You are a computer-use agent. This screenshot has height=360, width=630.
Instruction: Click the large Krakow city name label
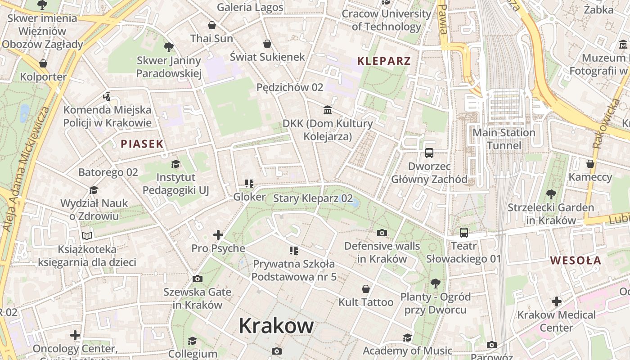pos(276,325)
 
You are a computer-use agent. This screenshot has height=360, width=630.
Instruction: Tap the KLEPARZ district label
pos(384,61)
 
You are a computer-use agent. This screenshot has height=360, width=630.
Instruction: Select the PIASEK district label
pos(142,144)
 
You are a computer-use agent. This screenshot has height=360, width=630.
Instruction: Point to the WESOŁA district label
pos(576,261)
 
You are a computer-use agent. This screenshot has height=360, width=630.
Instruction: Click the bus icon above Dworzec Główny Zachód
pos(429,153)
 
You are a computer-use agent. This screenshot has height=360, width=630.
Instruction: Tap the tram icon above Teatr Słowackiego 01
pos(463,233)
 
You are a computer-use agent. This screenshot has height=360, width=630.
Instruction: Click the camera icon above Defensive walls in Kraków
pos(382,233)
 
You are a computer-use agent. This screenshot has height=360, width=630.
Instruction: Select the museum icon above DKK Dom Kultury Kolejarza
pos(328,110)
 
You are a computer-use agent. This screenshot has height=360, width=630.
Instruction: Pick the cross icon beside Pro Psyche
pos(218,235)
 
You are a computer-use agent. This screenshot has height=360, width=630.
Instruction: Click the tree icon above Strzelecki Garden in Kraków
pos(551,194)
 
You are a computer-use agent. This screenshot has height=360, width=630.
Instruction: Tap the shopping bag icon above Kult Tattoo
pos(366,288)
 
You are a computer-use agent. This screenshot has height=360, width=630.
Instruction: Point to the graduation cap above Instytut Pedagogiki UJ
pos(175,164)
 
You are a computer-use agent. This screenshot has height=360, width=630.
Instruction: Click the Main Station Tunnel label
pos(504,139)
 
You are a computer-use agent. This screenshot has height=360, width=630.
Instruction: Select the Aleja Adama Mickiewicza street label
pos(27,169)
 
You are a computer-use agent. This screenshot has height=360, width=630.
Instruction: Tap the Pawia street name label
pos(443,20)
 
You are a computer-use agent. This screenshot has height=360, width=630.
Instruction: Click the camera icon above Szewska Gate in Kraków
pos(197,279)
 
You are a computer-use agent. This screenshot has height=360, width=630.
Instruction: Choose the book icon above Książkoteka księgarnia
pos(87,236)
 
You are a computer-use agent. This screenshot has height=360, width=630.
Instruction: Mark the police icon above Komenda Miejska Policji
pos(107,96)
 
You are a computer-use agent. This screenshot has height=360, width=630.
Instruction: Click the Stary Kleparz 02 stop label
pos(313,198)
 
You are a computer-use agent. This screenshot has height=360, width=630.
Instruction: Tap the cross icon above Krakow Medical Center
pos(557,301)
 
